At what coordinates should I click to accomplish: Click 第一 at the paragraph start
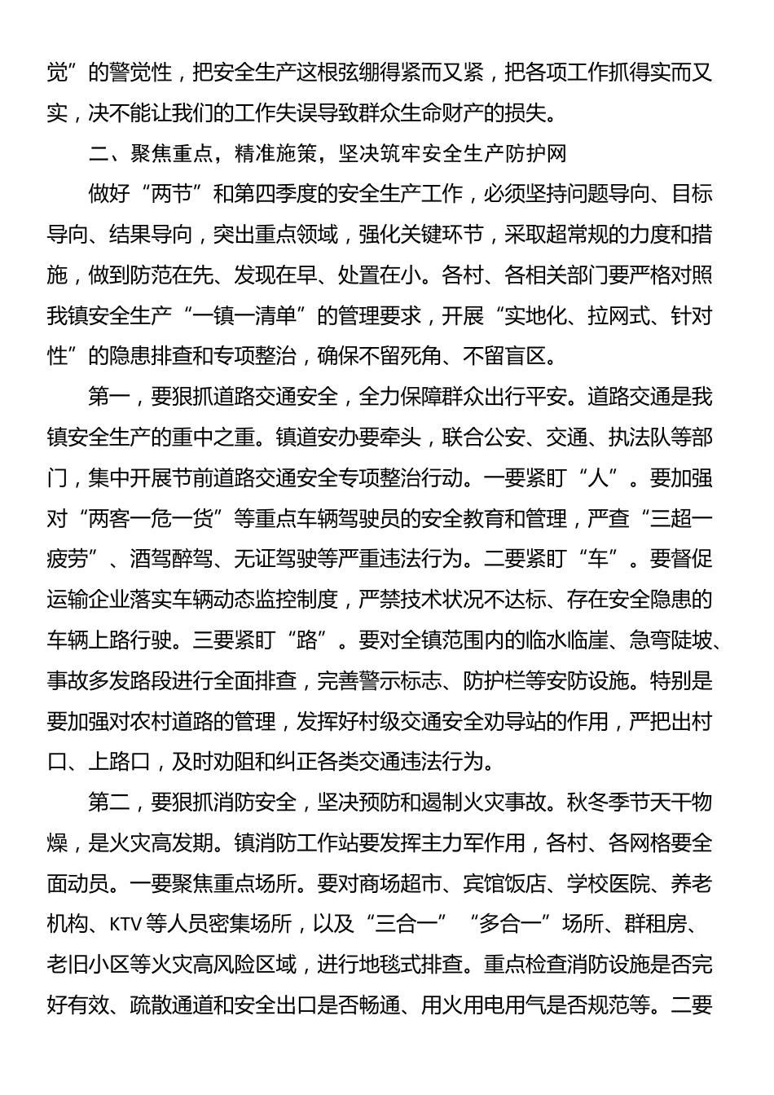click(108, 397)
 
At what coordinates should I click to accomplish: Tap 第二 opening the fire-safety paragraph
click(108, 803)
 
